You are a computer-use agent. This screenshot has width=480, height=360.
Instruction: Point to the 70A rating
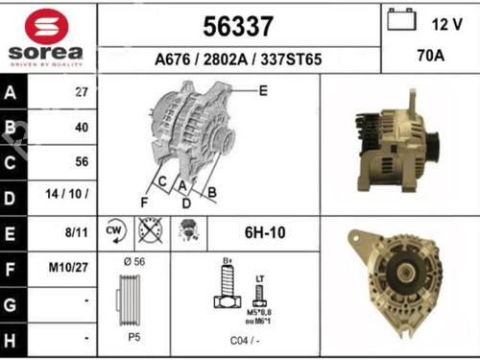[x=429, y=56]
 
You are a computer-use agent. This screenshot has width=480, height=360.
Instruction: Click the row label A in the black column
[x=12, y=94]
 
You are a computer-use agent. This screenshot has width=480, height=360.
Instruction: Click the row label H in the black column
[x=12, y=340]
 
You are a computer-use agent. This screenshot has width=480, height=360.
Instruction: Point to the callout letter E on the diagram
[x=263, y=90]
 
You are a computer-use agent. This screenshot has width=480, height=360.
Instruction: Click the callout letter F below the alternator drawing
[x=144, y=202]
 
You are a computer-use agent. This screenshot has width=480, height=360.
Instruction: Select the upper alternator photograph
[x=396, y=144]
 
